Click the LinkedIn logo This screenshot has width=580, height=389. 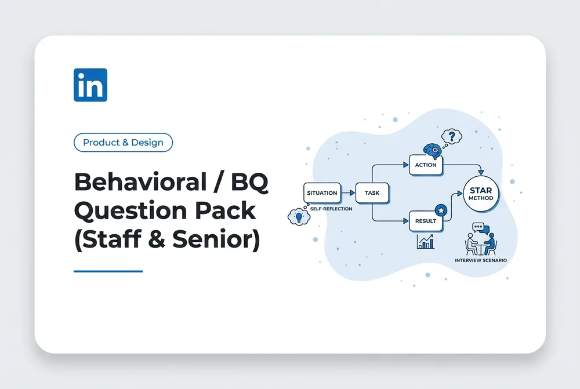pyautogui.click(x=90, y=85)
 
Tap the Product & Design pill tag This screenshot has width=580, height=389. pyautogui.click(x=123, y=143)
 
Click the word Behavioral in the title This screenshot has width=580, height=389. pyautogui.click(x=140, y=182)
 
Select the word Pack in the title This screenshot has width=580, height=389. pyautogui.click(x=225, y=210)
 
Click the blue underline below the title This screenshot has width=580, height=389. pyautogui.click(x=108, y=271)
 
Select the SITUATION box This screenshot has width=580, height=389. pyautogui.click(x=322, y=192)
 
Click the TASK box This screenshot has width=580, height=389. pyautogui.click(x=372, y=192)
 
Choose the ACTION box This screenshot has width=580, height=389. pyautogui.click(x=426, y=165)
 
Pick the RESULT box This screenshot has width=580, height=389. pyautogui.click(x=426, y=221)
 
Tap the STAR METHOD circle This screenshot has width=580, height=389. pyautogui.click(x=481, y=194)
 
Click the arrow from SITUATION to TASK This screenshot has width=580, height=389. pyautogui.click(x=348, y=192)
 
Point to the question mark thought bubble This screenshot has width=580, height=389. pyautogui.click(x=452, y=137)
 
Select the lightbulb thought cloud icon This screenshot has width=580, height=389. pyautogui.click(x=299, y=217)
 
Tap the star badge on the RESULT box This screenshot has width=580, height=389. pyautogui.click(x=441, y=210)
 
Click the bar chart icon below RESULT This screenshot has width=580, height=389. pyautogui.click(x=425, y=242)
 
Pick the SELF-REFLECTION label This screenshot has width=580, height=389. pyautogui.click(x=331, y=209)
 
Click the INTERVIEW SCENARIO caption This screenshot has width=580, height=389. pyautogui.click(x=481, y=260)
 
